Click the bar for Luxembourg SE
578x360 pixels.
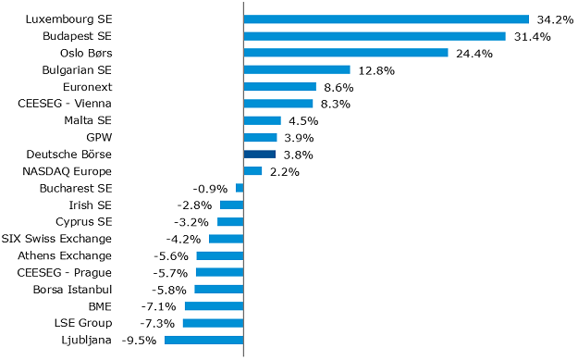(386, 19)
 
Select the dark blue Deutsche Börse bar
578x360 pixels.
(260, 155)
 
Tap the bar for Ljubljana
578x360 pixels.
(203, 341)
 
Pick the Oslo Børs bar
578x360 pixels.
(345, 53)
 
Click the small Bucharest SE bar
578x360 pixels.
(240, 188)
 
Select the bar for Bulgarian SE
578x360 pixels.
(296, 69)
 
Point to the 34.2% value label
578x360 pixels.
(554, 19)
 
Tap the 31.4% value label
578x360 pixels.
(531, 36)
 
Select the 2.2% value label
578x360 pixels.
(283, 172)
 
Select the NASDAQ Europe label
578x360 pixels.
(67, 171)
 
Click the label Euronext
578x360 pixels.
(88, 86)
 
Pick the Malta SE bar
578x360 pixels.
(262, 120)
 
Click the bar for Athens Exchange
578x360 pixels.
(220, 256)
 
